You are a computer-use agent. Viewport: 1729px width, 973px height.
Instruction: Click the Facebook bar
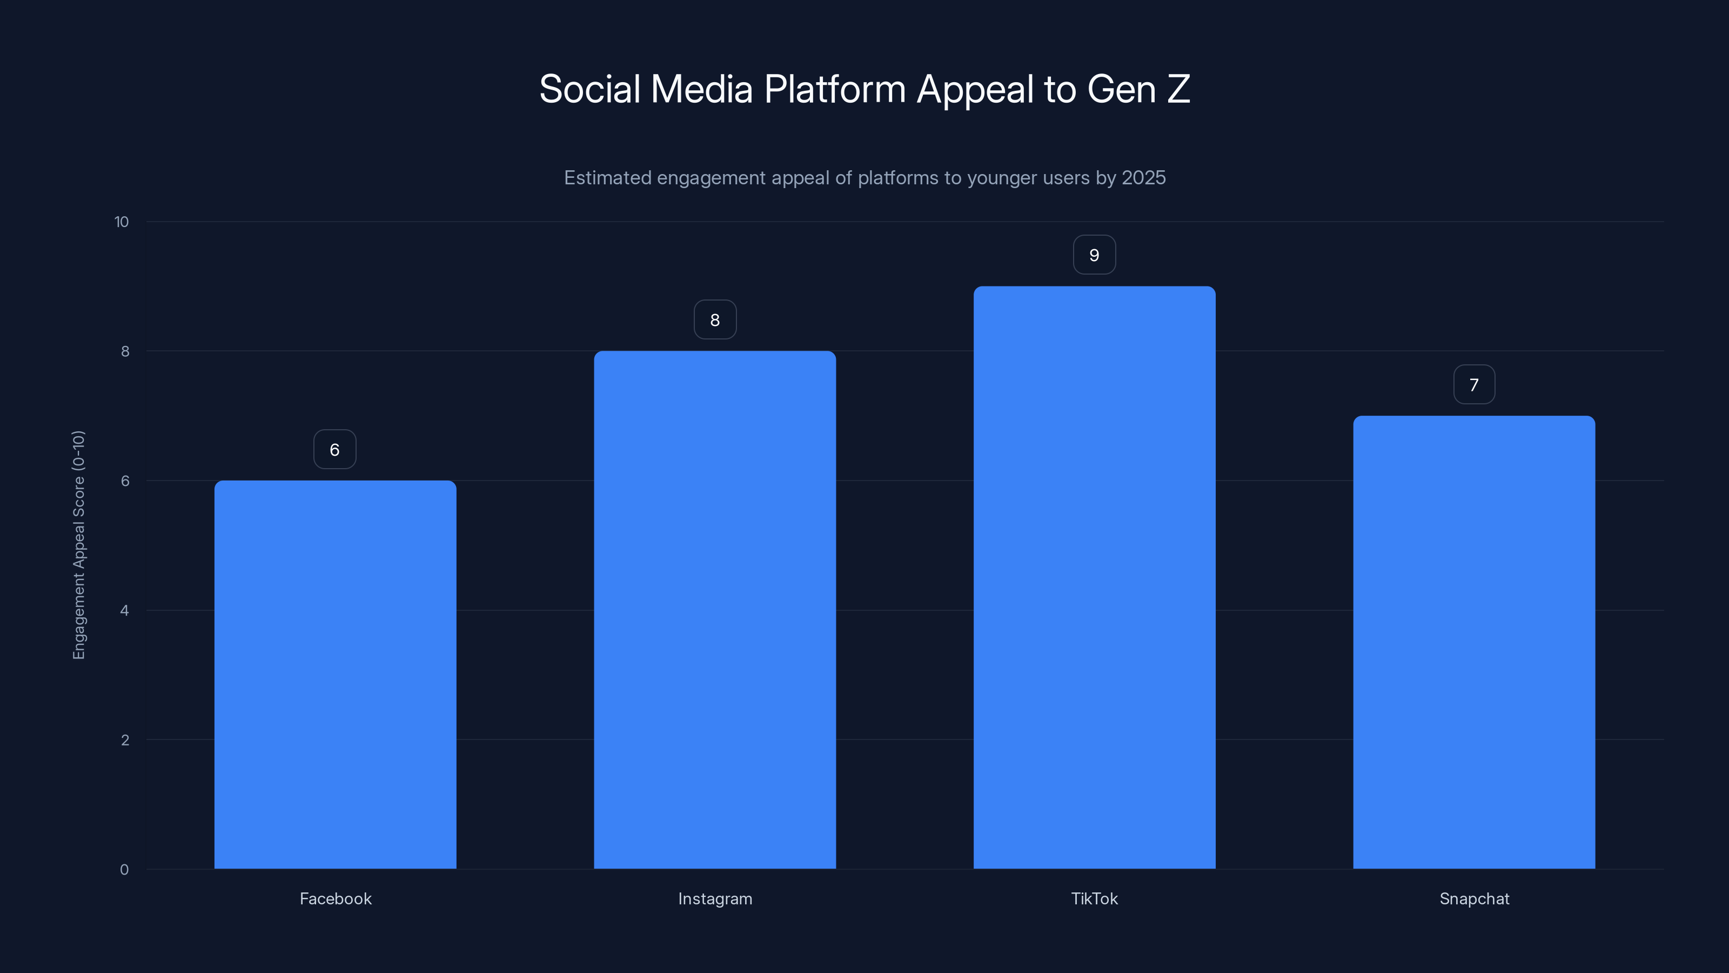(x=335, y=674)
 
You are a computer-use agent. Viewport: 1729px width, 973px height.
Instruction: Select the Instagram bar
(x=715, y=610)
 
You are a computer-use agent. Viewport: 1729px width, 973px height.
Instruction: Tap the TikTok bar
(x=1094, y=577)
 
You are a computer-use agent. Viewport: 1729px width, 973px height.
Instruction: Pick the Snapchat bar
(x=1474, y=642)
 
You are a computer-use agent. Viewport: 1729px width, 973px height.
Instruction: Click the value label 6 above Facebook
(x=335, y=449)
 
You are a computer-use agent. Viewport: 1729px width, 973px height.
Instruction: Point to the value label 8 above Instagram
(x=715, y=319)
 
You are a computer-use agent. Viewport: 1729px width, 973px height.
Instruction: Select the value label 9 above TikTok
(x=1094, y=255)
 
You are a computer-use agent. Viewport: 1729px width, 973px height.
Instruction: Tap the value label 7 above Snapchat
(x=1474, y=384)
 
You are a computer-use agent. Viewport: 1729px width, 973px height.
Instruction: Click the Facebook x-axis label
(x=335, y=898)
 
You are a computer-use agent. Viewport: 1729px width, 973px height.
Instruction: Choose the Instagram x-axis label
(x=715, y=898)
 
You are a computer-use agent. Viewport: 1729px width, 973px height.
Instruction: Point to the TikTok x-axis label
(x=1094, y=898)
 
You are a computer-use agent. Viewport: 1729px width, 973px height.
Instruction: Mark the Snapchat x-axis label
(x=1474, y=898)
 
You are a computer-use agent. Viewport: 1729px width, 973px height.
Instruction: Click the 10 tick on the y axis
(x=122, y=222)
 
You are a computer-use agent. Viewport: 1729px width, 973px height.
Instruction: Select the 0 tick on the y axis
(x=124, y=870)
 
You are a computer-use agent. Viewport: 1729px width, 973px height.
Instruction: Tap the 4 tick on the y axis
(x=124, y=610)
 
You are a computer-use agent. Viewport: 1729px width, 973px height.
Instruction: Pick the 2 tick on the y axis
(x=124, y=740)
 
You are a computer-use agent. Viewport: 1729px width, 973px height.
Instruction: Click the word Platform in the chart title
(x=834, y=89)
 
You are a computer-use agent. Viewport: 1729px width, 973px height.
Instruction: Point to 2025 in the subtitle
(x=1143, y=177)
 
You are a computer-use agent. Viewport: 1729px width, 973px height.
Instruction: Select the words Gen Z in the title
(x=1138, y=89)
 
